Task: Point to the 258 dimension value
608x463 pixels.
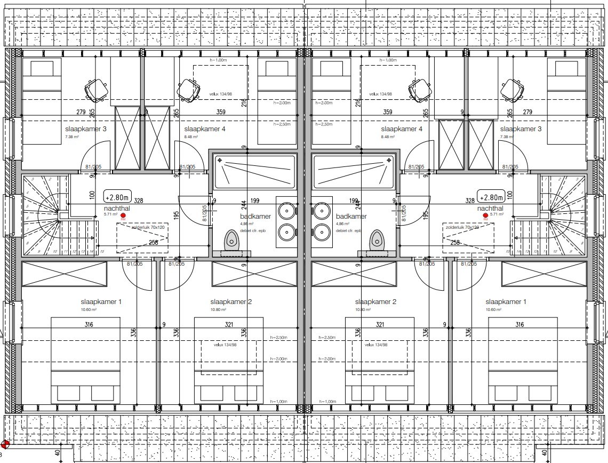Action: (455, 243)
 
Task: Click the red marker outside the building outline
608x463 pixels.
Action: (5, 444)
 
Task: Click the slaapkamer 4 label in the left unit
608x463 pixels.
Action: (205, 129)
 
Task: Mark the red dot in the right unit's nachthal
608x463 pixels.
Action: (485, 215)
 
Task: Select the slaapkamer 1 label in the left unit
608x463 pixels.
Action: (101, 302)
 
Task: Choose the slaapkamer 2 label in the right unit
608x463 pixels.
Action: (375, 302)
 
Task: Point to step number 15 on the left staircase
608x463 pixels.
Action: (101, 252)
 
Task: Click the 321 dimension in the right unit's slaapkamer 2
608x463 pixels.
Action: (380, 324)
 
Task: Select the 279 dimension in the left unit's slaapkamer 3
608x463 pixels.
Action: (81, 112)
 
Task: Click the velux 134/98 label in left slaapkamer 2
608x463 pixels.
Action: (226, 345)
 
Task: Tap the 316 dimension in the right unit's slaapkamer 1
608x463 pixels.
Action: (519, 324)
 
